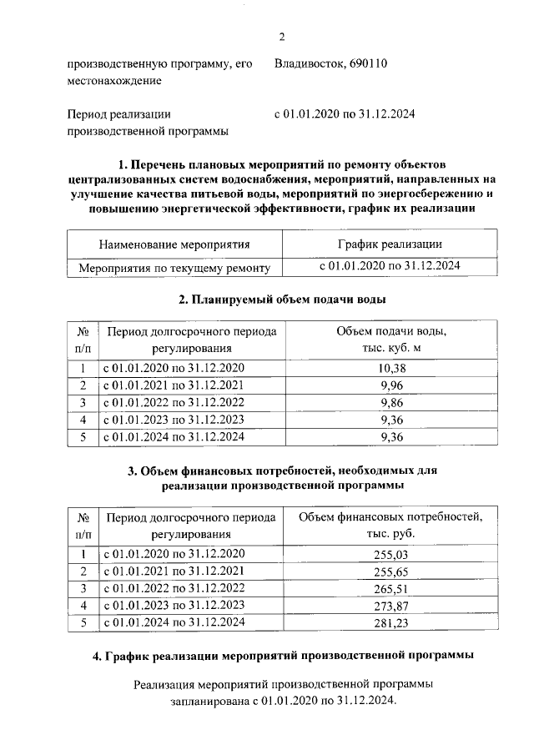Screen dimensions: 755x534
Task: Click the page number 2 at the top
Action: click(x=282, y=35)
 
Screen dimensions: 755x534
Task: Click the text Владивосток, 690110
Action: click(x=330, y=63)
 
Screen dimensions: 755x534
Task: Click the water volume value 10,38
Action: click(x=390, y=368)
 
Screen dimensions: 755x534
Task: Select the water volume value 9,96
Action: click(x=390, y=385)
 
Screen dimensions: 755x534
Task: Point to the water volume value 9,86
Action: click(x=390, y=402)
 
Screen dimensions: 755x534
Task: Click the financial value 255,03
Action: click(x=390, y=554)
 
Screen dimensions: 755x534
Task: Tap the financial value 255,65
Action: click(x=390, y=571)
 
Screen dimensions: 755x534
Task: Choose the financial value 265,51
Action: click(x=390, y=588)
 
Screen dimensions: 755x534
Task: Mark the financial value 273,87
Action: click(x=390, y=605)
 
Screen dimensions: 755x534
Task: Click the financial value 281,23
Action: click(x=390, y=622)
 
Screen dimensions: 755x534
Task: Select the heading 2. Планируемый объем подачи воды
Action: click(x=282, y=299)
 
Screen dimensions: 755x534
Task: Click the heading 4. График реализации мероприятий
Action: click(x=282, y=656)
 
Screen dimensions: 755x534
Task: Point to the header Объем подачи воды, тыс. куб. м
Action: click(x=390, y=339)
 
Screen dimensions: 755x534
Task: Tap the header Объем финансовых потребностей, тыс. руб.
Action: click(x=390, y=525)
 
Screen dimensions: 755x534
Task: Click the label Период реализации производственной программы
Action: click(x=146, y=123)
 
